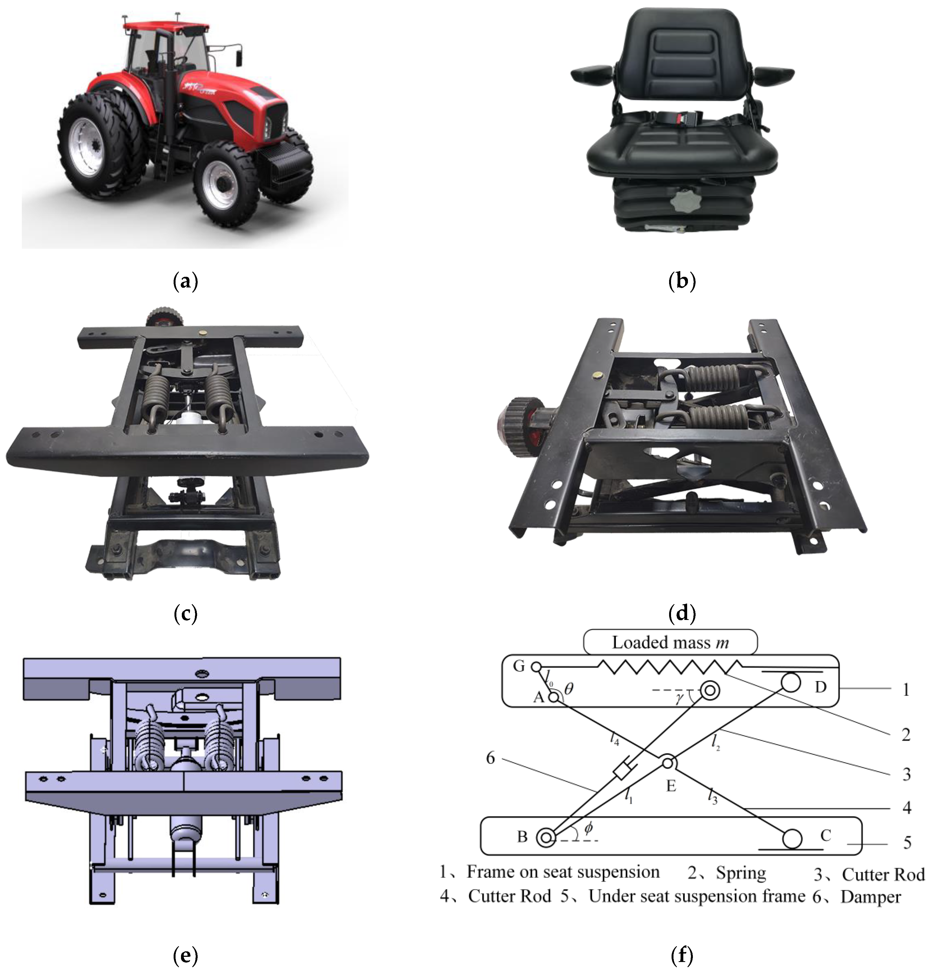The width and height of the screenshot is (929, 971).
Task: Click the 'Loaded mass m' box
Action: click(670, 643)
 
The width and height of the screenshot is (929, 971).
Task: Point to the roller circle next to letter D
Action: click(791, 683)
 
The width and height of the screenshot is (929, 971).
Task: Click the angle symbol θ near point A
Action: click(569, 688)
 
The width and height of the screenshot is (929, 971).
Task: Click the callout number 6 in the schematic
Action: click(490, 758)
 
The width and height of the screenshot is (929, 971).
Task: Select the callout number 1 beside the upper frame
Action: click(906, 690)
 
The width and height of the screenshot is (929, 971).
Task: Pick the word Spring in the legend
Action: click(741, 873)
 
